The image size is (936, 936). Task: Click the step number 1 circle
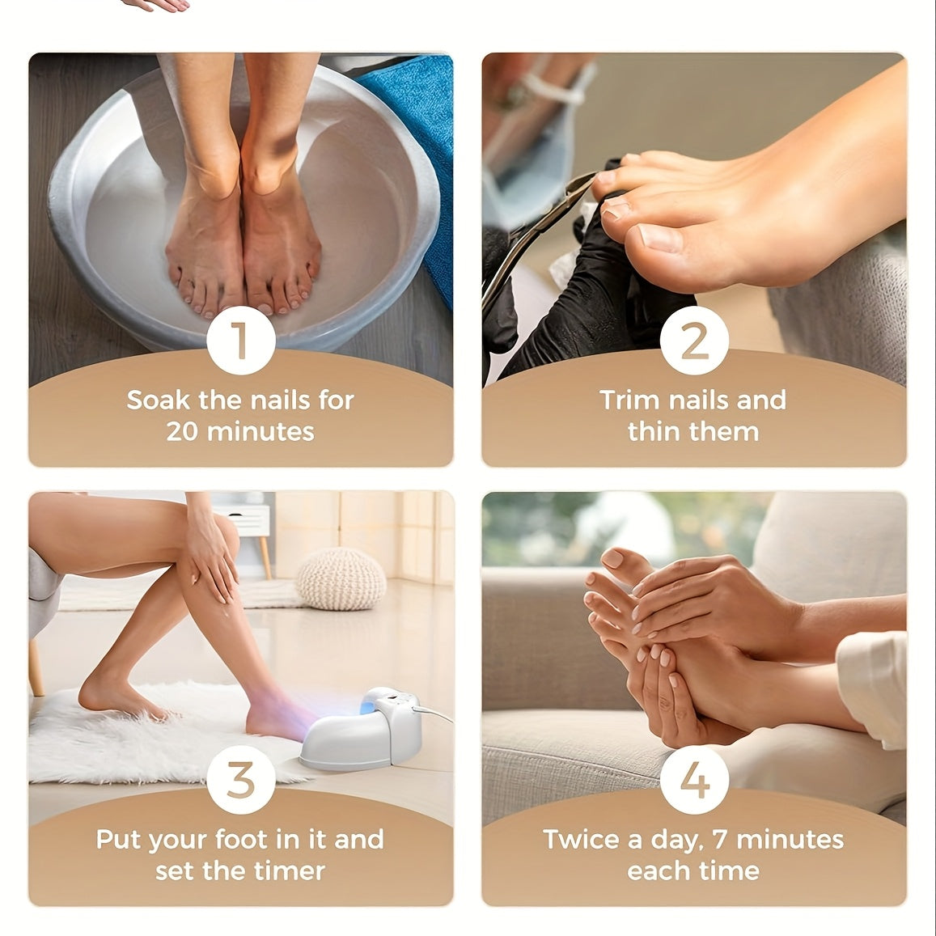[x=240, y=341]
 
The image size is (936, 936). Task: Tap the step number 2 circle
[x=694, y=341]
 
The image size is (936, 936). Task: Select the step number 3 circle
[x=240, y=780]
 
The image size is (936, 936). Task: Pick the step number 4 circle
[x=694, y=780]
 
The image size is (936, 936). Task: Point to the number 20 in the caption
[x=184, y=431]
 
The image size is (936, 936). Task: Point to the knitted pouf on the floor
[x=341, y=578]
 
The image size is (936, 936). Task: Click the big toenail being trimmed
[x=659, y=238]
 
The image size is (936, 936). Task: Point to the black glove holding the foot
[x=573, y=299]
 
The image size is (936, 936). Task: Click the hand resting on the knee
[x=212, y=553]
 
